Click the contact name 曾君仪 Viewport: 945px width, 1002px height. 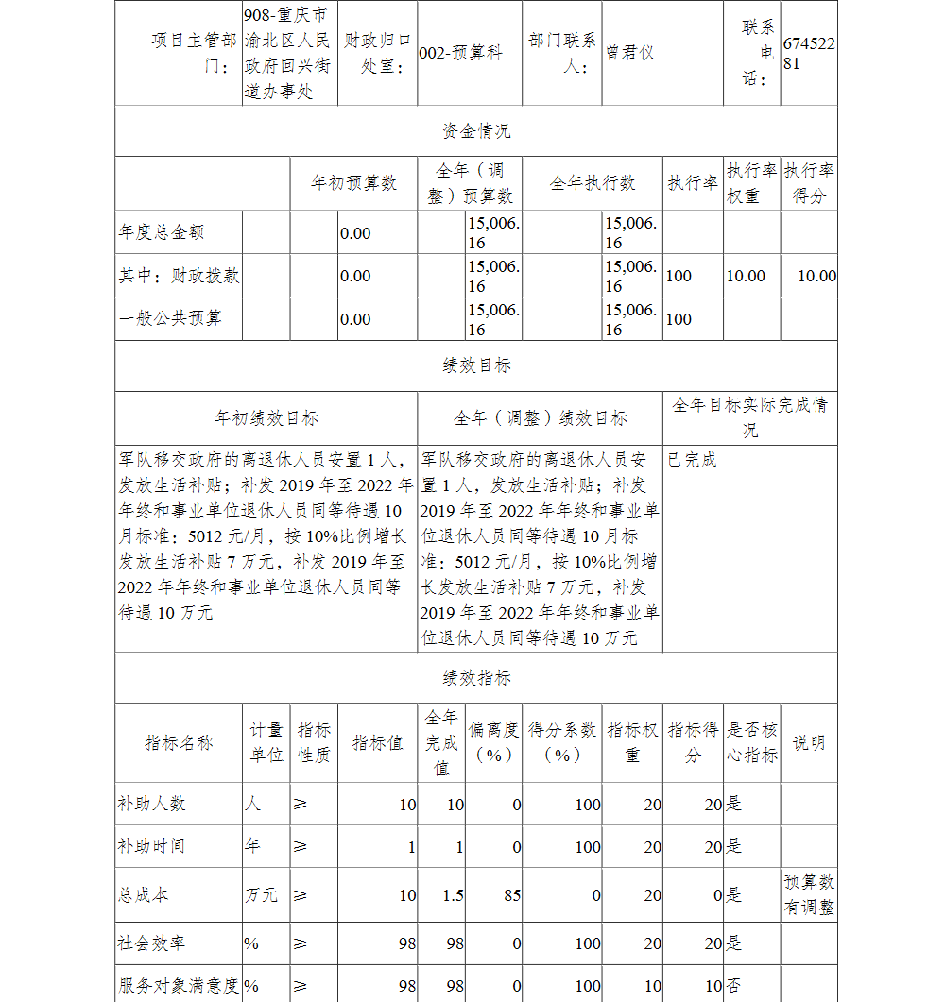(630, 53)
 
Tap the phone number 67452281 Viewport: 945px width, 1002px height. (809, 53)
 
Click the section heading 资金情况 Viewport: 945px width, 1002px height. (476, 130)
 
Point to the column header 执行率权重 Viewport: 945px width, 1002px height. (752, 182)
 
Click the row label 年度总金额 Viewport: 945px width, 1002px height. (162, 232)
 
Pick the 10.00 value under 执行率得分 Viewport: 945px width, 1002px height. (816, 276)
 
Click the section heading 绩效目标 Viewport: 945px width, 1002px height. (476, 365)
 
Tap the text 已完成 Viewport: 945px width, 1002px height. (692, 460)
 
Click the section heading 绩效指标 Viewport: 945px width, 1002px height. (476, 678)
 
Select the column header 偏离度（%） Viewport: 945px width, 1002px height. (494, 742)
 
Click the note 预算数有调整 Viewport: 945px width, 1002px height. (809, 894)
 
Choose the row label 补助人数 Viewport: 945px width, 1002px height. (151, 804)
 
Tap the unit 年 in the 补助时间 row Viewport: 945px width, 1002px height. (253, 846)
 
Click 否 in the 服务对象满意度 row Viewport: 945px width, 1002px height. (733, 986)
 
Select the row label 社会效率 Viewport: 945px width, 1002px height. (151, 943)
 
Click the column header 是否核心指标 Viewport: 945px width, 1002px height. (752, 742)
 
